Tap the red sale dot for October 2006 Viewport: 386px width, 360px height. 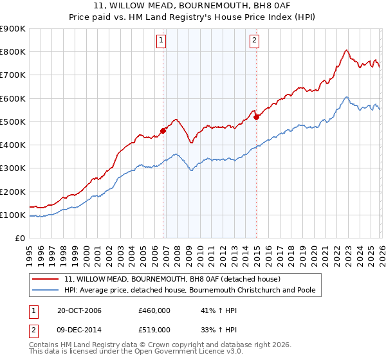click(163, 130)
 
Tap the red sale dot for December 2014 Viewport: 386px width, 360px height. click(257, 117)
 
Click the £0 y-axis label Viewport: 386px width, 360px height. click(19, 239)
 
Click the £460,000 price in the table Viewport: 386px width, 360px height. click(154, 311)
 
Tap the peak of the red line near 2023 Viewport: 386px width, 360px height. click(347, 50)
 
